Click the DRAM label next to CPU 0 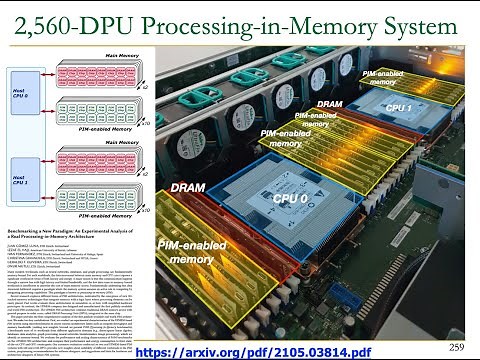(x=188, y=187)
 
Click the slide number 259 (x=459, y=346)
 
